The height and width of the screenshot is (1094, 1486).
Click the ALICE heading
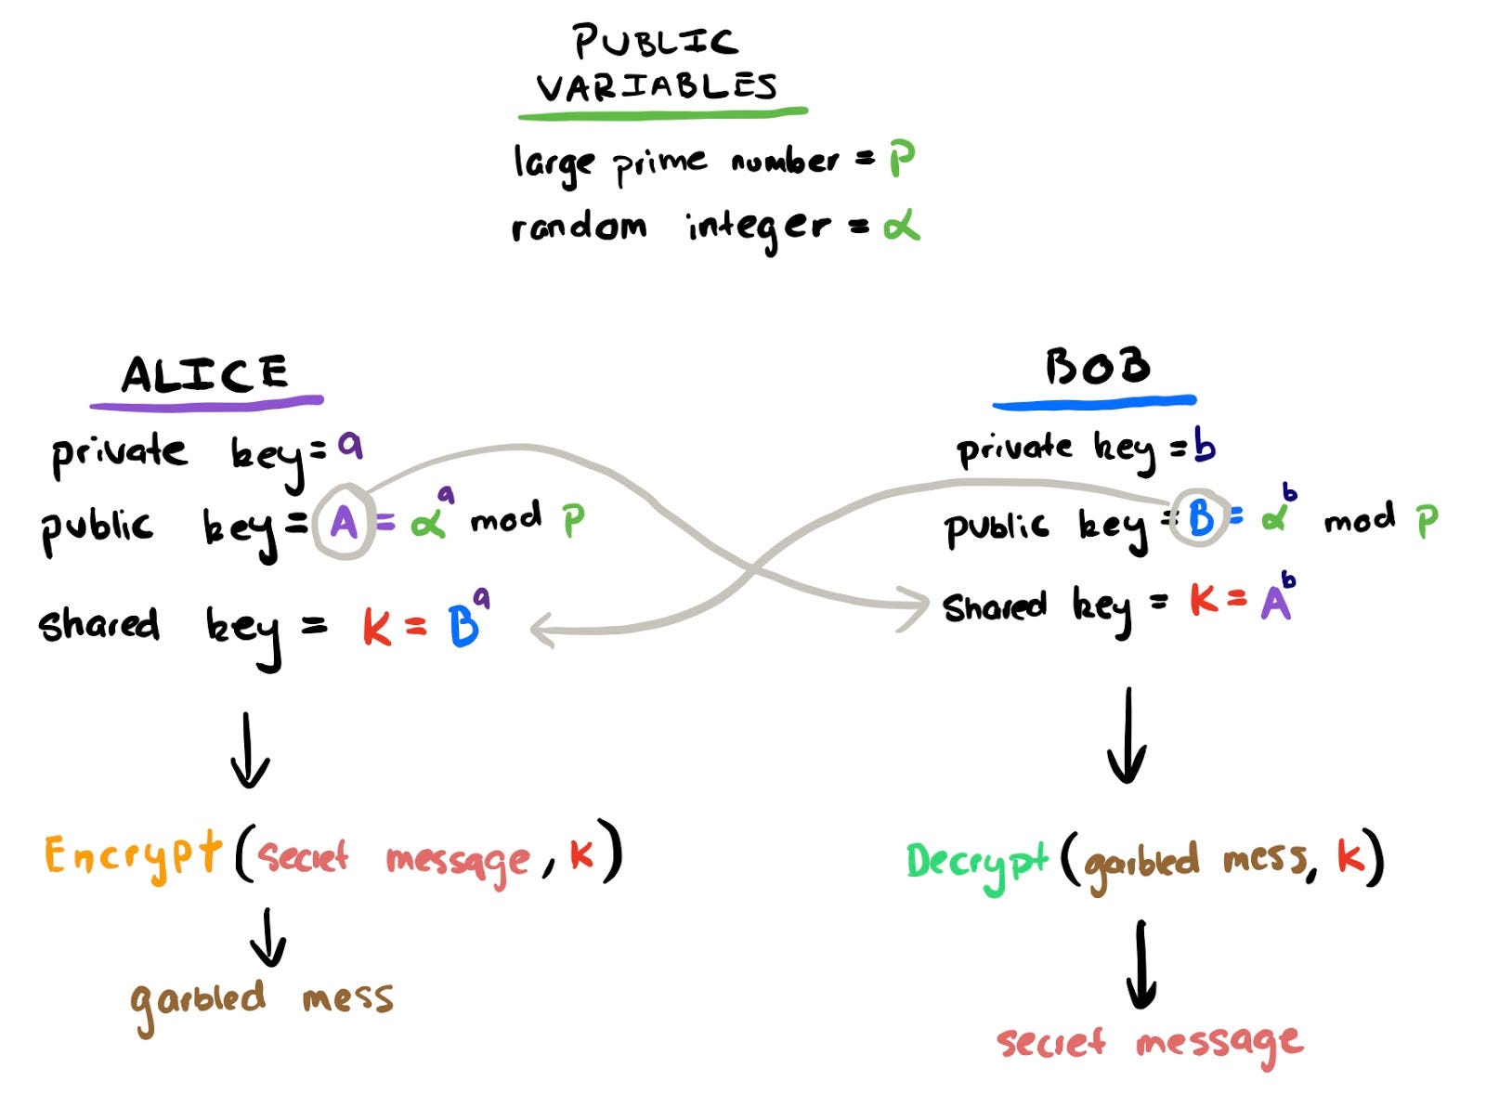point(205,374)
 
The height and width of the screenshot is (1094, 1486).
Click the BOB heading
point(1097,368)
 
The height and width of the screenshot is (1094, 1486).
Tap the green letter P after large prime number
point(902,160)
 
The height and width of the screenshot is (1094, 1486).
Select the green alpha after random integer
point(901,226)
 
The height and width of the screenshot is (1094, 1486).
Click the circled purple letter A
point(344,523)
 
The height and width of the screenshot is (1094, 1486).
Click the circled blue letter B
point(1200,517)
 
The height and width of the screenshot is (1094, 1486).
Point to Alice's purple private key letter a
point(349,447)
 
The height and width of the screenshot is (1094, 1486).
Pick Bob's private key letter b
point(1205,448)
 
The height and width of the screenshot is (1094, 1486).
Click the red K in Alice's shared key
point(376,628)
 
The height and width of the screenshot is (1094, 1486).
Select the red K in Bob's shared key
point(1204,602)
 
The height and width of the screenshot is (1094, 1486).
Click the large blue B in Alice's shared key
point(463,627)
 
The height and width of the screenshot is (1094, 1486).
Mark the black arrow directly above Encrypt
point(249,749)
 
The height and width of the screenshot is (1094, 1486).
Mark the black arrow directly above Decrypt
point(1128,736)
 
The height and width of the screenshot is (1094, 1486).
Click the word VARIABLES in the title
point(656,86)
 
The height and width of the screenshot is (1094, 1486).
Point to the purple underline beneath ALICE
point(206,403)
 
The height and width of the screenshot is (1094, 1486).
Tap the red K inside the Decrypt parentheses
point(1349,856)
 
